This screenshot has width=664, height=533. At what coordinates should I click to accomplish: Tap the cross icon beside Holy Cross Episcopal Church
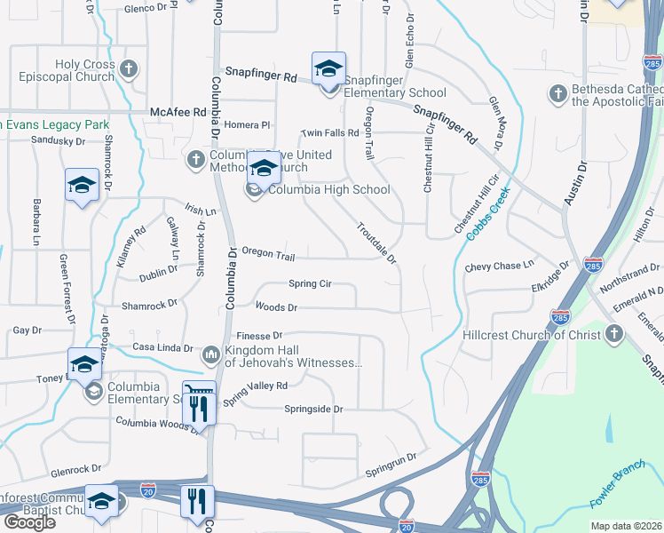tap(130, 68)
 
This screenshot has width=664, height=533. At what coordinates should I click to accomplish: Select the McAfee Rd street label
tap(178, 112)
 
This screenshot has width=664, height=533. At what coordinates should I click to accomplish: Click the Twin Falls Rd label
tap(329, 133)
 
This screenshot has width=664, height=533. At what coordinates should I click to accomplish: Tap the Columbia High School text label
tap(328, 189)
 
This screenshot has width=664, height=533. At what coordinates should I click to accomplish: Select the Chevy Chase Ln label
tap(500, 265)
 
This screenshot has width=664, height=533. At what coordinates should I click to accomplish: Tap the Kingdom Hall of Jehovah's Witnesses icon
tap(210, 355)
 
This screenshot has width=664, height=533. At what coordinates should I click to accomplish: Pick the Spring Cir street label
tap(310, 284)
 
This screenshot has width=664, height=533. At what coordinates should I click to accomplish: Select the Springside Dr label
tap(313, 409)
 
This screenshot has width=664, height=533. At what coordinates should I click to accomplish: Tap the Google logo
tap(28, 522)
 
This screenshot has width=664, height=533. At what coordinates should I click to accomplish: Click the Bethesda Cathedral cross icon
tap(557, 94)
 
